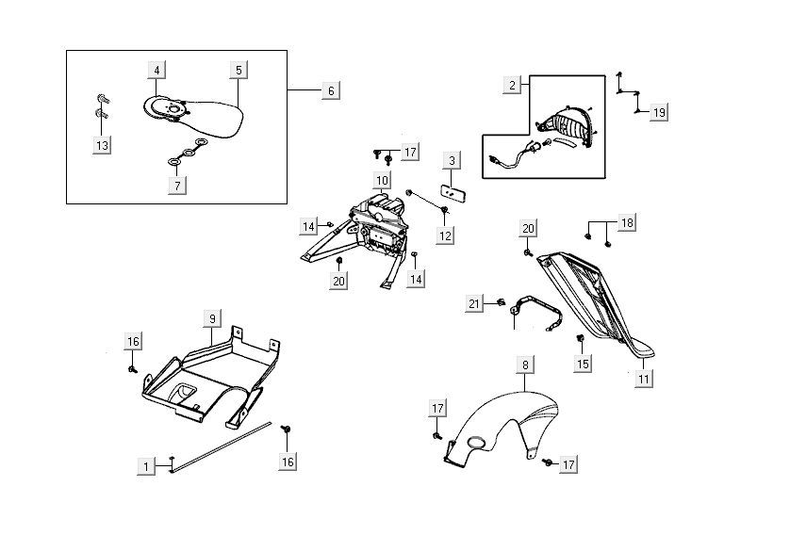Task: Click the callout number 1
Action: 146,465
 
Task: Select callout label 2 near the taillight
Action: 512,85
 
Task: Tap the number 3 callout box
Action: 452,161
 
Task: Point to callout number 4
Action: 156,70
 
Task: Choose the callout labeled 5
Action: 239,70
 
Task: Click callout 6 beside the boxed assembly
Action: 331,90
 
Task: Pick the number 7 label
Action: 176,186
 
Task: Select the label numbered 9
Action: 212,319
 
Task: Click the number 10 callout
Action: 382,180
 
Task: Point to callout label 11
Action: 644,379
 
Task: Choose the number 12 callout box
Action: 445,236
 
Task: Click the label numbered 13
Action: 102,145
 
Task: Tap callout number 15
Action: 583,364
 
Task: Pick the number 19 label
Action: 658,113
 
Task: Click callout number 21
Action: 474,303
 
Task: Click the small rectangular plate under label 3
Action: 453,193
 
